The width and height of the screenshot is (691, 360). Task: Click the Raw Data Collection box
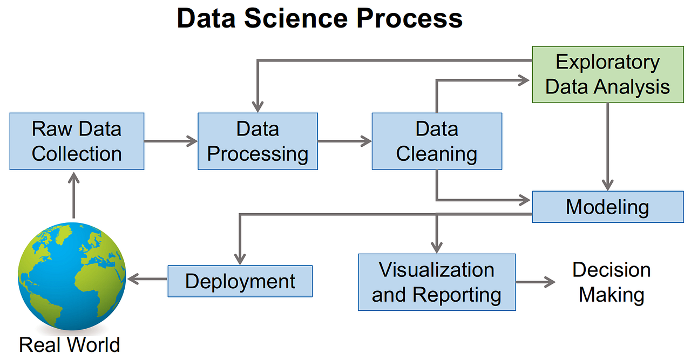(77, 141)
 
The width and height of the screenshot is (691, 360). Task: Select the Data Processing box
(258, 141)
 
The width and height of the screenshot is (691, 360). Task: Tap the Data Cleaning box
(437, 141)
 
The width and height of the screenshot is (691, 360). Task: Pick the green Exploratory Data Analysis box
(608, 74)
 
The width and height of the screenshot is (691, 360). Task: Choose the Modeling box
(608, 207)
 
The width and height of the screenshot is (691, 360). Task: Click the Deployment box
(240, 281)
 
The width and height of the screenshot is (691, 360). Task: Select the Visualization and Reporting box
(437, 282)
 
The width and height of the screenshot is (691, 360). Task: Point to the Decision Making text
(611, 282)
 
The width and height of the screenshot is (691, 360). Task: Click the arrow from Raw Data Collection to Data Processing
(171, 141)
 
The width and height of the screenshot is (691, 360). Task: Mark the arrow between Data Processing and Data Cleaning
(344, 141)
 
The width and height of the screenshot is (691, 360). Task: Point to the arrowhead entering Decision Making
(550, 282)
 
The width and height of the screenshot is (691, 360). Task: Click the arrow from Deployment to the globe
(147, 279)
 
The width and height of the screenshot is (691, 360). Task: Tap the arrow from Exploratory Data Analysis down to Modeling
(608, 146)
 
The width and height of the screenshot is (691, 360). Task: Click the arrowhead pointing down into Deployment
(240, 259)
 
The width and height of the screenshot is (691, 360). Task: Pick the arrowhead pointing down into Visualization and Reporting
(437, 247)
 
